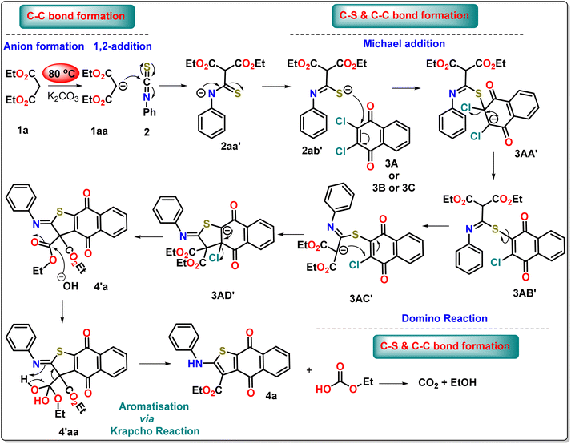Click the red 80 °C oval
click(x=61, y=73)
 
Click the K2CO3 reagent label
click(x=63, y=97)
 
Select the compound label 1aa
click(x=99, y=131)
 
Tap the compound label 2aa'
click(x=231, y=147)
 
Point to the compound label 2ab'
click(x=312, y=150)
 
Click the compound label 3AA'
click(x=526, y=153)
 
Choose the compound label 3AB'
click(x=525, y=293)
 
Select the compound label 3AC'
click(x=361, y=298)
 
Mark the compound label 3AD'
click(x=223, y=295)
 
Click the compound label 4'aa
click(x=68, y=432)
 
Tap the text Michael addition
click(x=404, y=44)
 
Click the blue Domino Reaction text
click(x=444, y=318)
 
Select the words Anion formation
click(x=44, y=46)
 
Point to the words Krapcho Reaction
click(x=155, y=431)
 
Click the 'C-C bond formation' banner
click(x=77, y=16)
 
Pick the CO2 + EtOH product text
click(x=447, y=383)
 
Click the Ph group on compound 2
click(x=149, y=111)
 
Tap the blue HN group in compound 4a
click(x=195, y=363)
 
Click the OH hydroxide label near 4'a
click(x=70, y=286)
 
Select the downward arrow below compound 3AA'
click(x=493, y=166)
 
